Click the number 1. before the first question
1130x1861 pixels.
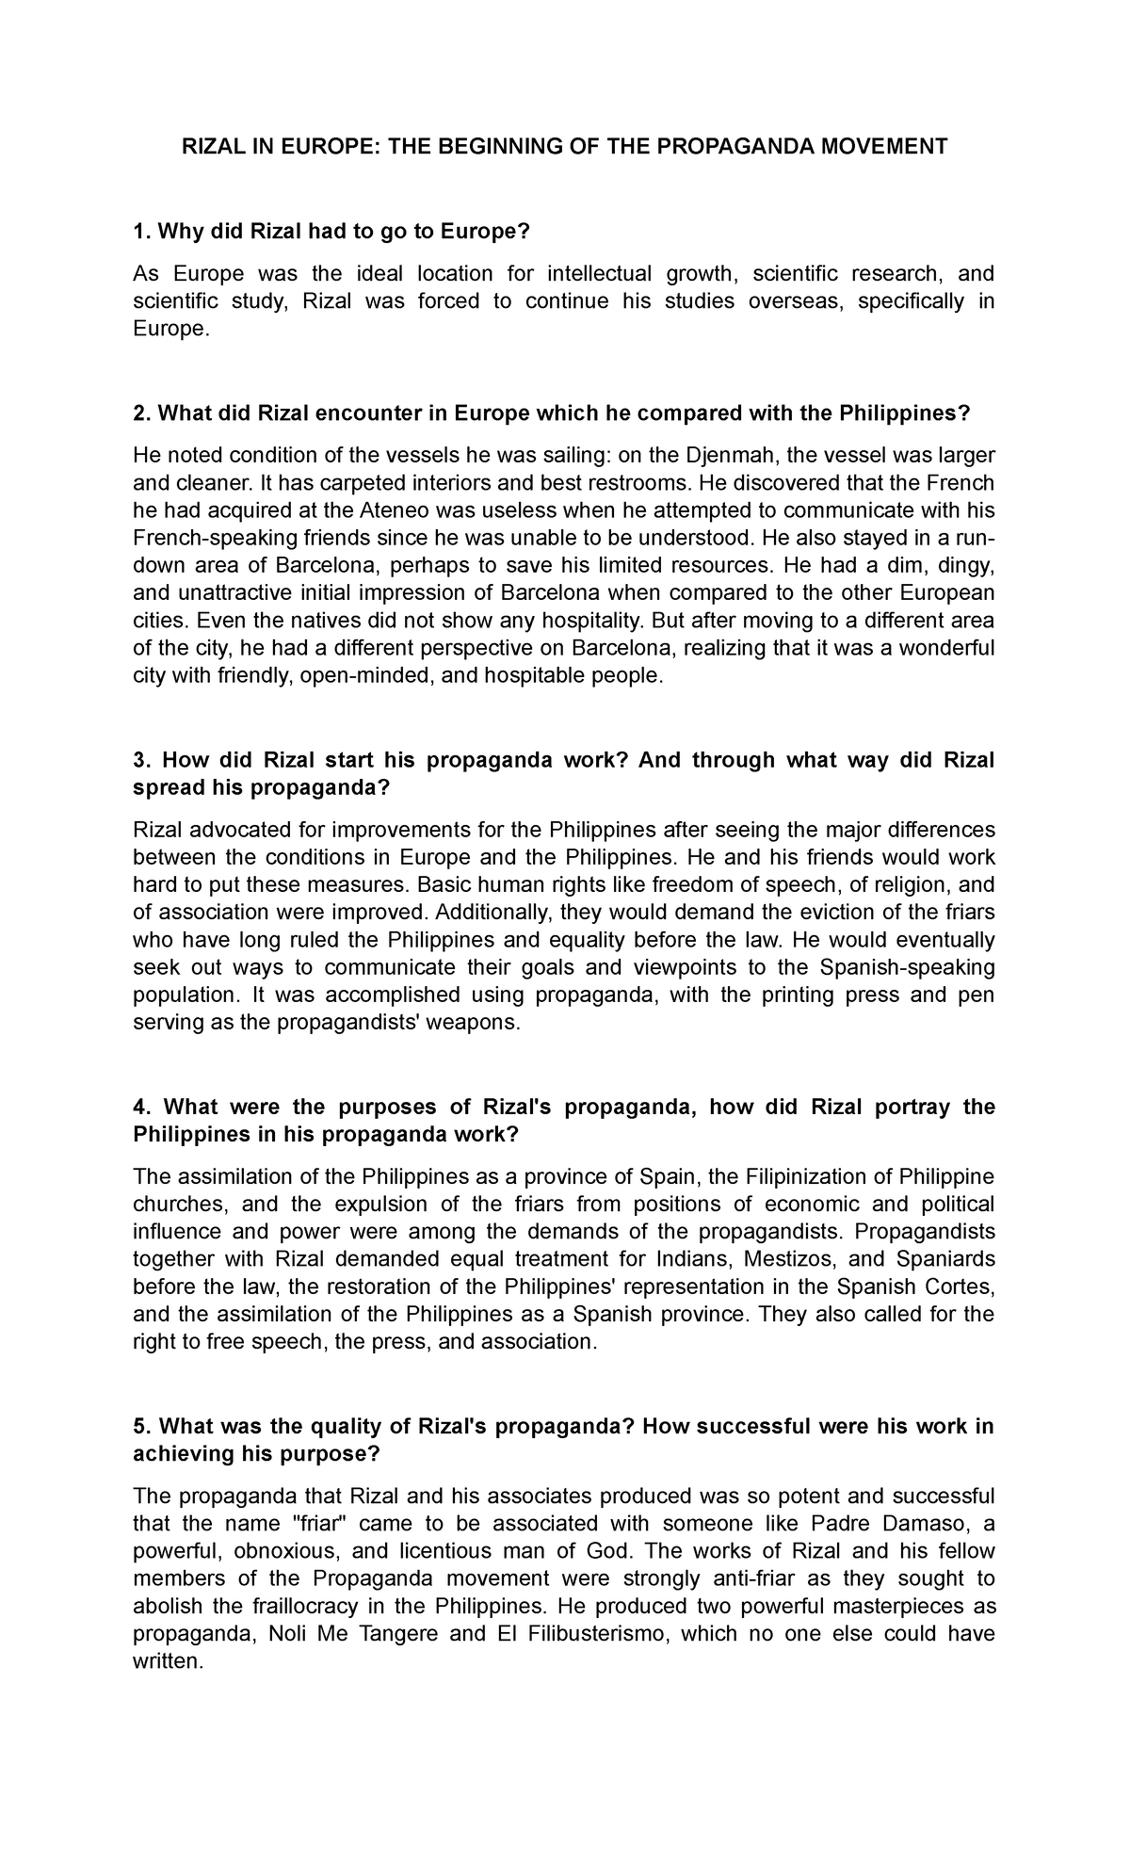[x=142, y=232]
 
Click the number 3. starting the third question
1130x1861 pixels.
[x=142, y=760]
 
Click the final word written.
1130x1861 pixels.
[x=169, y=1660]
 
